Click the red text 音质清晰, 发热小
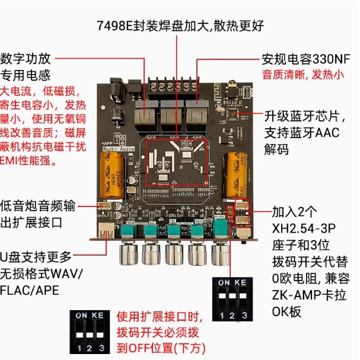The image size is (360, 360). click(302, 75)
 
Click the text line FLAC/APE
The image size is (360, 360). click(29, 291)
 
